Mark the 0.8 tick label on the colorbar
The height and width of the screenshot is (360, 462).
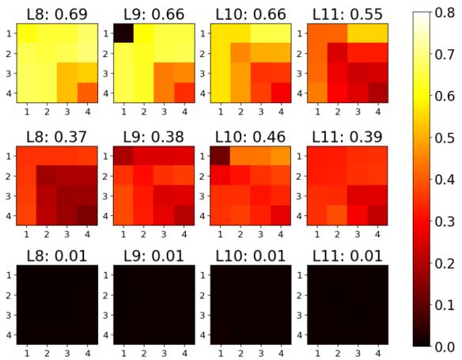(x=445, y=13)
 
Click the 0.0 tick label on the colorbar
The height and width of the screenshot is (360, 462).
(x=445, y=346)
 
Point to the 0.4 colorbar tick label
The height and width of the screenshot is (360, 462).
(x=445, y=180)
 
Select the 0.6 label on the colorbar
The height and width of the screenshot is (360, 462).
(x=445, y=97)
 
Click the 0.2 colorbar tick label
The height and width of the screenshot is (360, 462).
(x=445, y=263)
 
